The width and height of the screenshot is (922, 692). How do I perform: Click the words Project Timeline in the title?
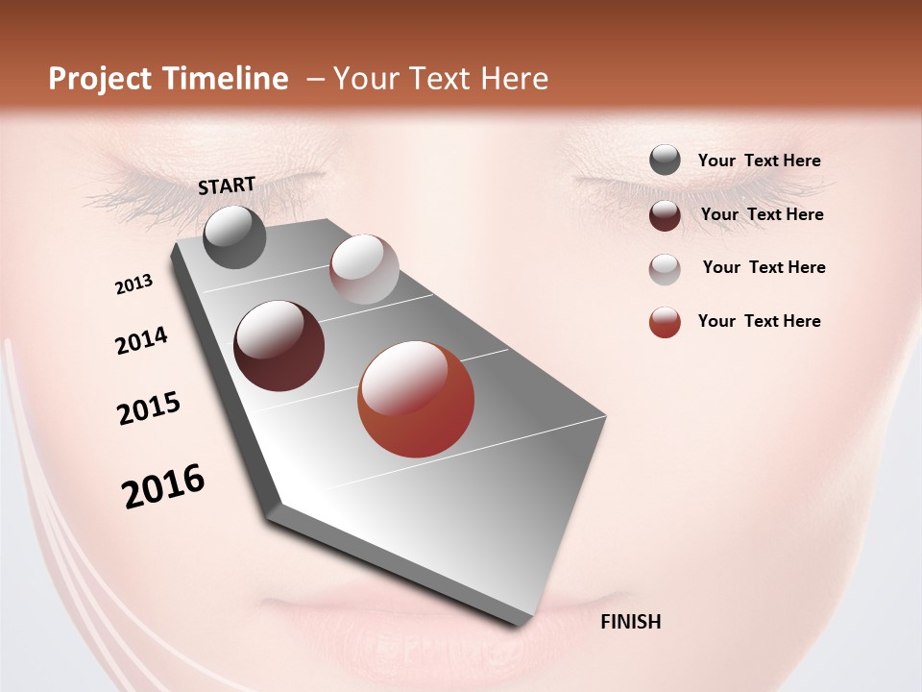coord(168,79)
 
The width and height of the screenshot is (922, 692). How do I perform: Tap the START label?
coord(227,185)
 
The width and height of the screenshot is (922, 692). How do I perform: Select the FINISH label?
coord(630,622)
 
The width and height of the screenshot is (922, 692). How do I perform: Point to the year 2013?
coord(133,284)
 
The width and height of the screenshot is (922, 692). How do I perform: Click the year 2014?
coord(141,340)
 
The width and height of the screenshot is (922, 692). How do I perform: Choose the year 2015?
coord(149,408)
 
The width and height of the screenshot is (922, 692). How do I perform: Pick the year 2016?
coord(163,485)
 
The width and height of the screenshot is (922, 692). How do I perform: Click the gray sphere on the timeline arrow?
coord(234,236)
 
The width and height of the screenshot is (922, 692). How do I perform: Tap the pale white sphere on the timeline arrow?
coord(364,268)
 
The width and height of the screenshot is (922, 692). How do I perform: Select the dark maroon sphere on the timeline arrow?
coord(279,346)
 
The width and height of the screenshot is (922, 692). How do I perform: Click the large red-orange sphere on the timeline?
coord(416,399)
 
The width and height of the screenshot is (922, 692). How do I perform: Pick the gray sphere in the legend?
coord(665,161)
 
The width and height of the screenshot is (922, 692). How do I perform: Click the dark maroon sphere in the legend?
coord(665,215)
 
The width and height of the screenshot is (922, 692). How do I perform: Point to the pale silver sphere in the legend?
coord(665,269)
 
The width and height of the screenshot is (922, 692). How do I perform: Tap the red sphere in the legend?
coord(665,322)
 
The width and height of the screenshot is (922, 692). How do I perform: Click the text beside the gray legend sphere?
coord(760,161)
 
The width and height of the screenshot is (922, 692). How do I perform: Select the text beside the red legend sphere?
coord(760,321)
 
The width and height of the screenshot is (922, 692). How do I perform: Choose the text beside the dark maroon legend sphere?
coord(763,214)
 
